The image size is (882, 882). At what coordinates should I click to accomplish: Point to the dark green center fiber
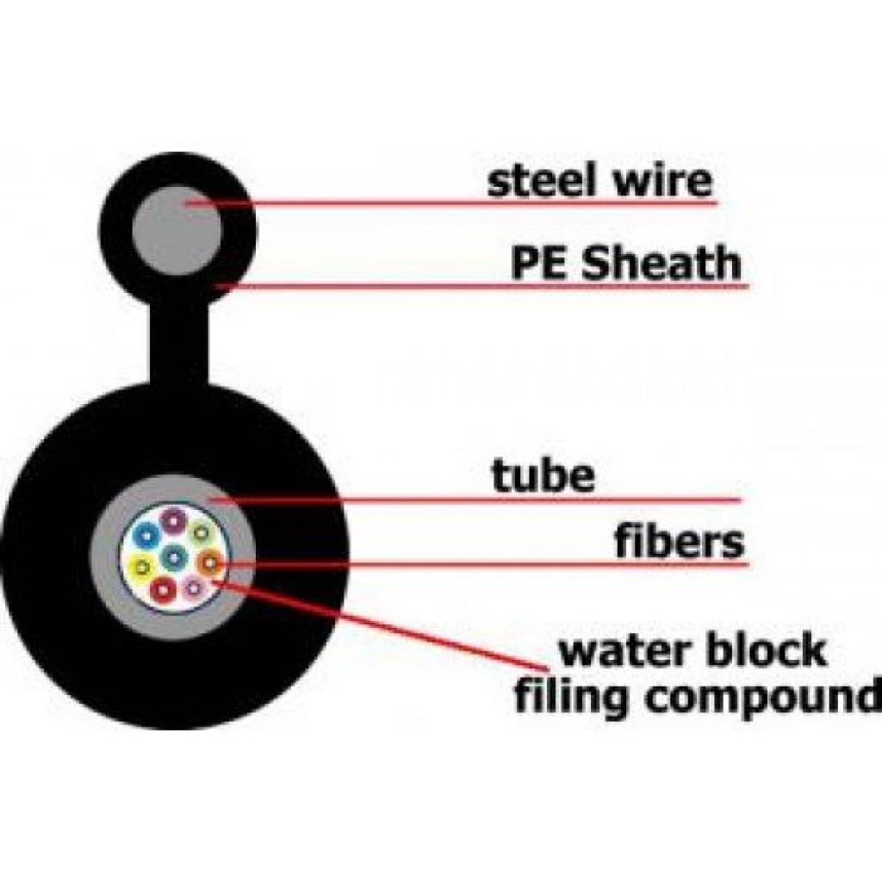coord(176,556)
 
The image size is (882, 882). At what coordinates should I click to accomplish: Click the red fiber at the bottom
coord(164,589)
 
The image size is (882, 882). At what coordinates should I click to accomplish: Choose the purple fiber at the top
coord(174,519)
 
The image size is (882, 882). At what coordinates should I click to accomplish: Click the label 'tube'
coord(543,475)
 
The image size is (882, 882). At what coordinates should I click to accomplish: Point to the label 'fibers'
coord(678,542)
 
